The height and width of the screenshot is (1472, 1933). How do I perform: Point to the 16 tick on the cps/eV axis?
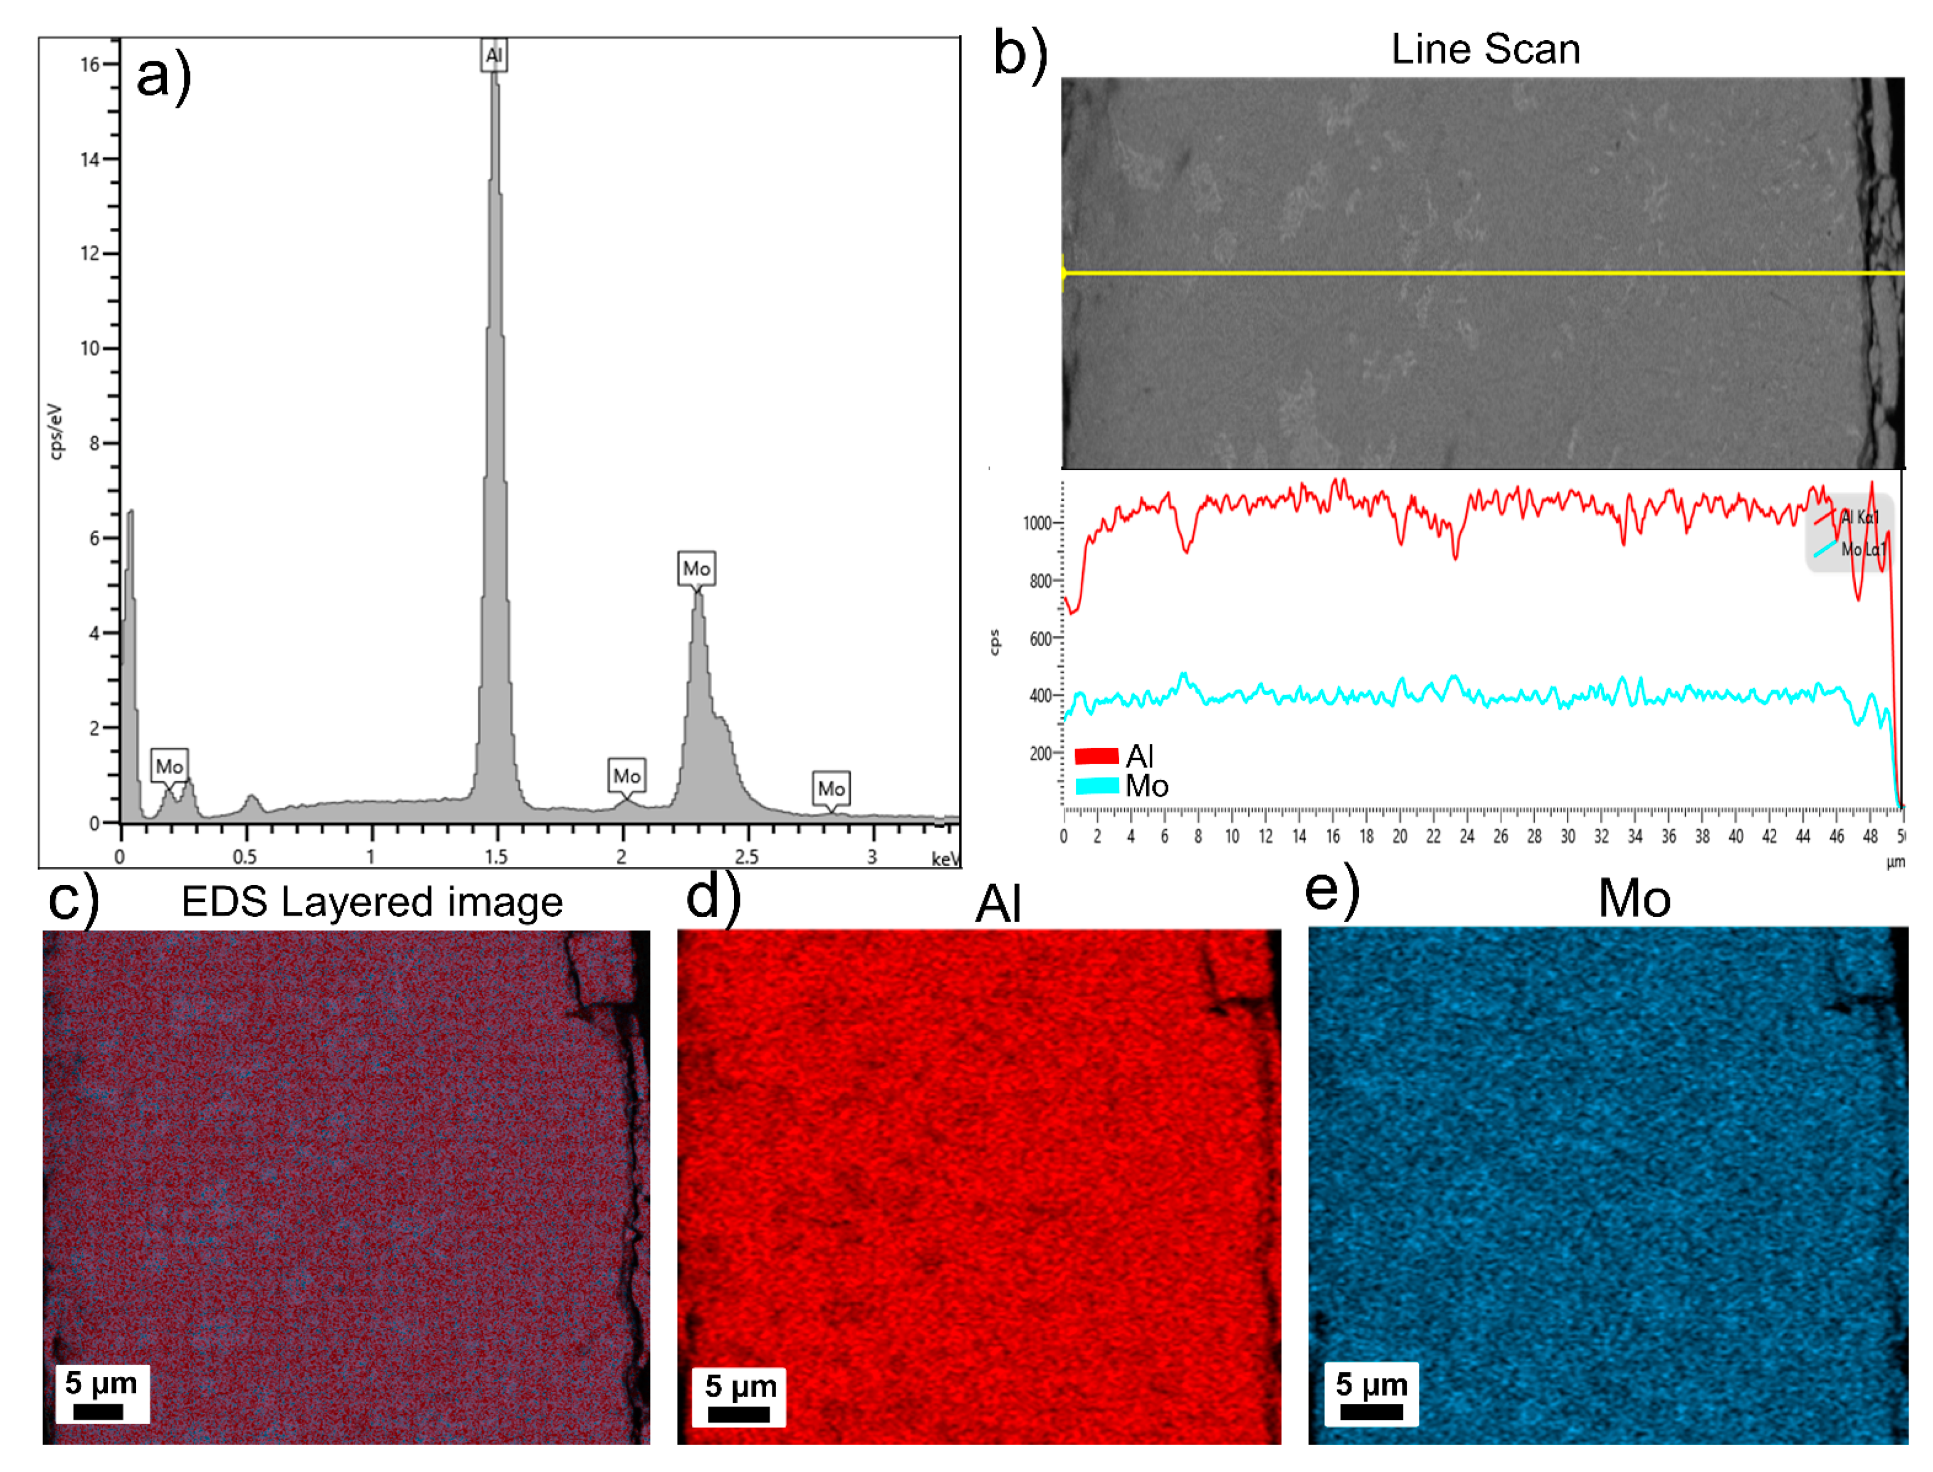[x=90, y=64]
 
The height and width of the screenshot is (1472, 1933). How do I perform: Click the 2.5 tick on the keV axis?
[x=747, y=856]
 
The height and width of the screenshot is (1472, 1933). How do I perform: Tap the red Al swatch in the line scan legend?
[x=1096, y=755]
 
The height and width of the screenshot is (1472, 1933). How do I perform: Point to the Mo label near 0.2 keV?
[x=169, y=767]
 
